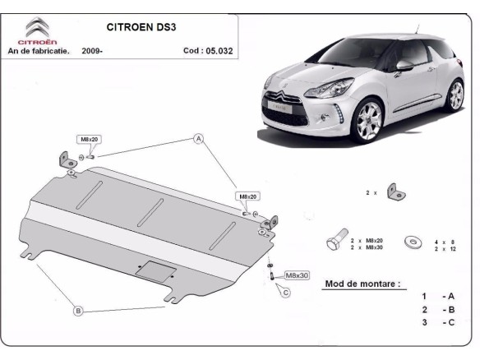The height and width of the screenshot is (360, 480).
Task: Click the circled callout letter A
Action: pos(198,139)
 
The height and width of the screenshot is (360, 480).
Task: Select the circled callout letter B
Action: pos(78,311)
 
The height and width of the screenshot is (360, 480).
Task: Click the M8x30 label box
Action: pos(296,275)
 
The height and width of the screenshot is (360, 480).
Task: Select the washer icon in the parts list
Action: pos(410,242)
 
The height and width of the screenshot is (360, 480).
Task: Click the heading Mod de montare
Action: pos(362,284)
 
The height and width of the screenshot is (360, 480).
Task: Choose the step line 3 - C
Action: pos(437,322)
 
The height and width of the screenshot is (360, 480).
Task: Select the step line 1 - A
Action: pos(437,296)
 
